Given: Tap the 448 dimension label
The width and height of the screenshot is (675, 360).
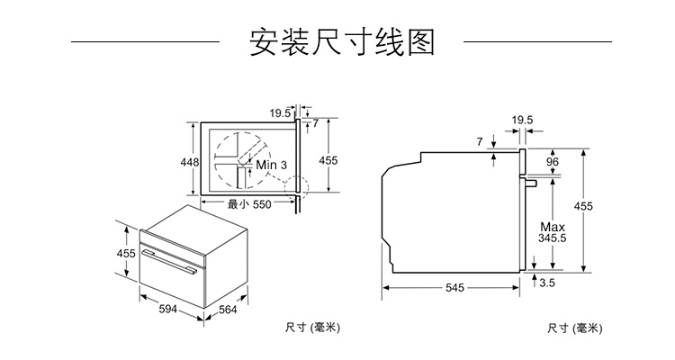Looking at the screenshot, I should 189,162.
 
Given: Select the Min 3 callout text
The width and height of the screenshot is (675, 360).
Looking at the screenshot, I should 271,166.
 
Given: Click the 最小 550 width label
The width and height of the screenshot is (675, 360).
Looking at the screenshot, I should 249,204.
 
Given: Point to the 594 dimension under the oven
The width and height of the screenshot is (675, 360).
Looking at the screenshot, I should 167,310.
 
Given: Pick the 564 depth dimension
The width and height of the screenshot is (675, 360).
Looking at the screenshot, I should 228,310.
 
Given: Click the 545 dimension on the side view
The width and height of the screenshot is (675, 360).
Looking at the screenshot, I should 454,288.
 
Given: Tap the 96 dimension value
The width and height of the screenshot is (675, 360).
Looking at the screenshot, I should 553,162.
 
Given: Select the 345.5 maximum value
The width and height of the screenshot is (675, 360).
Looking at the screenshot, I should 552,238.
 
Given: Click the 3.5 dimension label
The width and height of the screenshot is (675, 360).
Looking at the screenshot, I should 547,283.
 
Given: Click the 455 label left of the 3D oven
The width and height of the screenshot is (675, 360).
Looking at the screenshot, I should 126,253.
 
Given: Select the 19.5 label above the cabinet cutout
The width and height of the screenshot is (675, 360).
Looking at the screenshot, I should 279,112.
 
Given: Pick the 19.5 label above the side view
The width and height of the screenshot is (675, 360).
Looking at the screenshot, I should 523,120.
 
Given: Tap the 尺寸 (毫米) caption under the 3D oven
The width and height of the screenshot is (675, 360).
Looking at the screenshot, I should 312,327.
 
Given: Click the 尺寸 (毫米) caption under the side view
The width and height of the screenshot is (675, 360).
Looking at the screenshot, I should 574,327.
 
